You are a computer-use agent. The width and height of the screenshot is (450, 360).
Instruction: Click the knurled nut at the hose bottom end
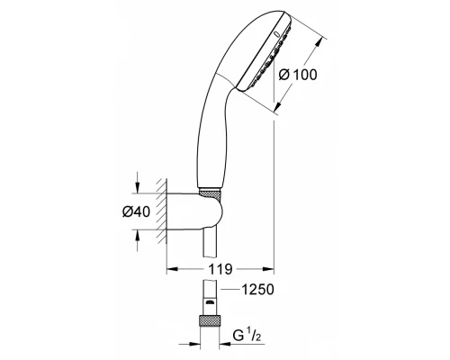(x=210, y=321)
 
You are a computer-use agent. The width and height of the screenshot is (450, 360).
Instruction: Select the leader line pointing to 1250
(x=231, y=290)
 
